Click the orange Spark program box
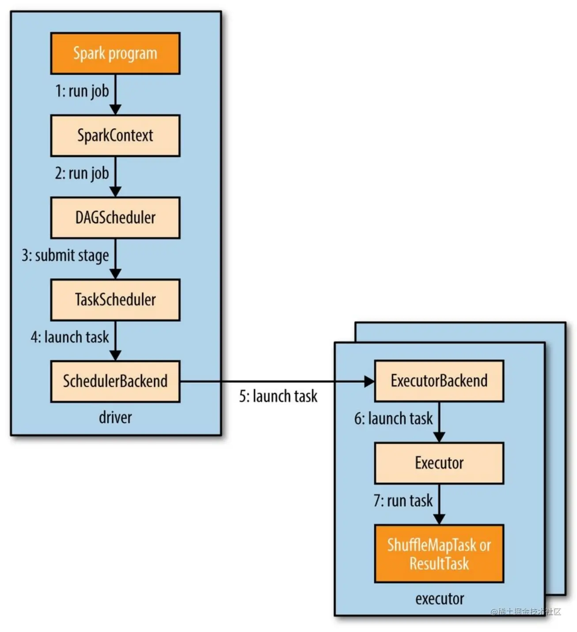pos(115,53)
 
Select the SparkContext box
pos(115,135)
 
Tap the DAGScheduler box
pos(115,217)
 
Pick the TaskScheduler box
pos(115,300)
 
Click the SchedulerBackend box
pos(115,381)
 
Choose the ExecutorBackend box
pos(439,381)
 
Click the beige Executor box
pos(439,463)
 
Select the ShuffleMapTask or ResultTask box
pos(439,554)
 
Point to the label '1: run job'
pos(82,91)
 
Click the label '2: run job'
pos(82,173)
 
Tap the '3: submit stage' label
pos(65,255)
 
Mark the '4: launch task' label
pos(69,337)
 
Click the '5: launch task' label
pos(278,396)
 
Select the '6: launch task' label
pos(393,419)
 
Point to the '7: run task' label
pos(403,501)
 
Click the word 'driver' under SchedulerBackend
pos(115,417)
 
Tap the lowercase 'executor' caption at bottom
pos(439,599)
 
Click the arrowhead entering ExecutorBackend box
pos(369,381)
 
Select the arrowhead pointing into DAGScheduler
pos(115,191)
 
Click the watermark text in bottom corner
pos(525,612)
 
